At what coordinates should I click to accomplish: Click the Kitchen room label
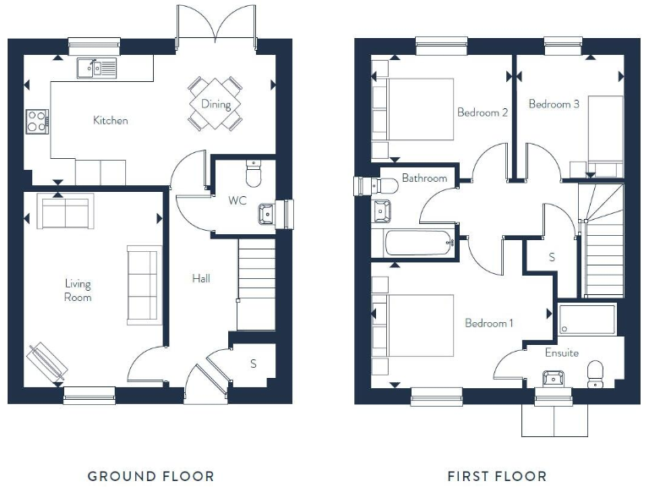tap(111, 120)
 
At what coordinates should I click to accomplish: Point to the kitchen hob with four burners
tap(37, 121)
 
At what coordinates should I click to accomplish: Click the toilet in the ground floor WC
tap(253, 175)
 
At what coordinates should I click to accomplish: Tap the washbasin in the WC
tap(267, 213)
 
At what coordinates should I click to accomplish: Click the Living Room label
tap(78, 290)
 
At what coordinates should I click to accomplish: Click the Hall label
tap(200, 278)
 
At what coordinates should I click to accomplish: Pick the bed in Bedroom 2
tap(414, 109)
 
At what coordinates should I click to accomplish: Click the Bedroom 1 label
tap(489, 323)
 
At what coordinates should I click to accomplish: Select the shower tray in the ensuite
tap(587, 320)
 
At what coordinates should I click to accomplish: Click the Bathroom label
tap(423, 178)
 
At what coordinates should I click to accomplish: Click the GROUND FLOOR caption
tap(151, 476)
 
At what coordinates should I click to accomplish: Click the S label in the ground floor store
tap(254, 364)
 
